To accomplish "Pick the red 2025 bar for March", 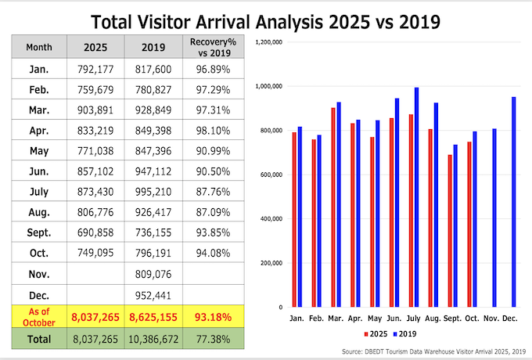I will coord(334,207).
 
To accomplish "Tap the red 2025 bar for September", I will coord(450,230).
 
